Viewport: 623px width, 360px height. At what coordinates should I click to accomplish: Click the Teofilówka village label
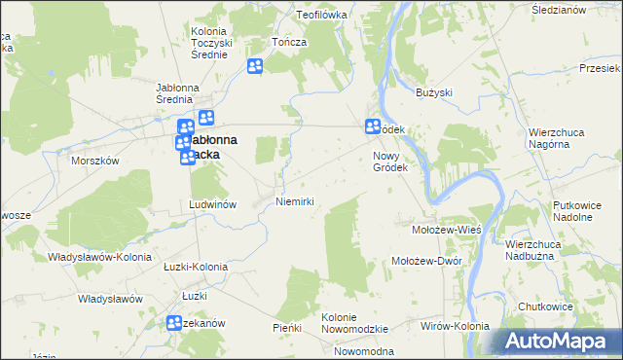(x=322, y=16)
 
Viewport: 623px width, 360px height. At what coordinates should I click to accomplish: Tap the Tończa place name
(x=290, y=43)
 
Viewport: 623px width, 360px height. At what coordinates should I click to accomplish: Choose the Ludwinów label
(x=213, y=205)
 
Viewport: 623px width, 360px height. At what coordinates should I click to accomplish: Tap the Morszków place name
(x=94, y=162)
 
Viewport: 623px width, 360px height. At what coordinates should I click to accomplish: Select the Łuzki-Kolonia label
(x=195, y=267)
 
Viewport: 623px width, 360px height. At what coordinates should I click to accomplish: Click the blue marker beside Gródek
(x=373, y=126)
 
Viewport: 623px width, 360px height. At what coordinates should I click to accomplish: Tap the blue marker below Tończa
(x=255, y=66)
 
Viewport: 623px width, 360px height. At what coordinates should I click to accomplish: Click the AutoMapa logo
(x=559, y=342)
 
